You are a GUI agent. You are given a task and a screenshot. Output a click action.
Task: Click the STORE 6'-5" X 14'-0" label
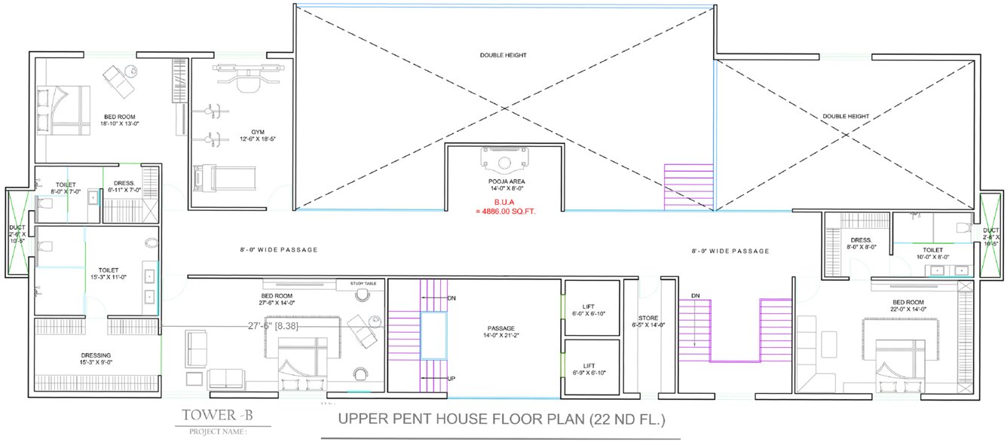click(x=648, y=322)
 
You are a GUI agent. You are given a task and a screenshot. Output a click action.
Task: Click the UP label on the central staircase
click(x=451, y=379)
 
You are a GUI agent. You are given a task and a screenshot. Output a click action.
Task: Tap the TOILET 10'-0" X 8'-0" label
click(x=932, y=254)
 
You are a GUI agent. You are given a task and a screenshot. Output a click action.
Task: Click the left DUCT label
click(x=17, y=233)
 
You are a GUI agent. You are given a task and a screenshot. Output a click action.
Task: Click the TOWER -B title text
click(x=211, y=415)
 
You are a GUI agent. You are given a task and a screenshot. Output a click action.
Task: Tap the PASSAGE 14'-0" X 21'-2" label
click(x=500, y=332)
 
